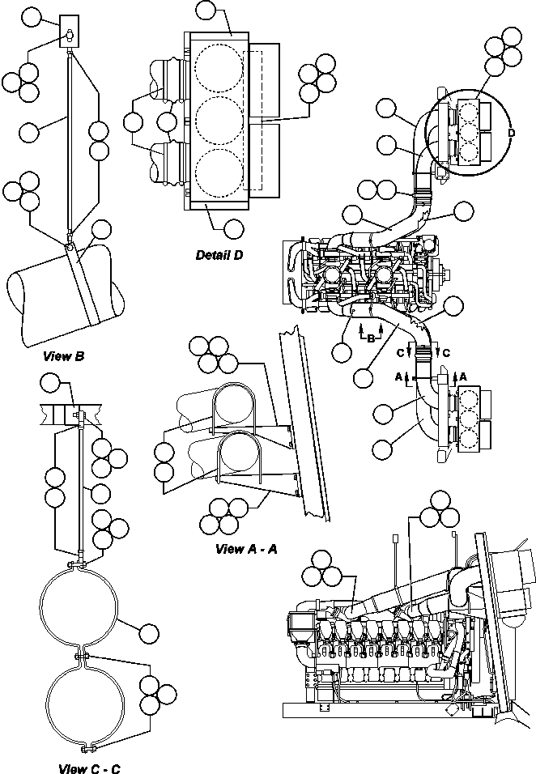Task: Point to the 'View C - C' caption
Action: [90, 768]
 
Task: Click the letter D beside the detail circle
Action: [511, 132]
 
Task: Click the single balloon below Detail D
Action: [233, 228]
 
